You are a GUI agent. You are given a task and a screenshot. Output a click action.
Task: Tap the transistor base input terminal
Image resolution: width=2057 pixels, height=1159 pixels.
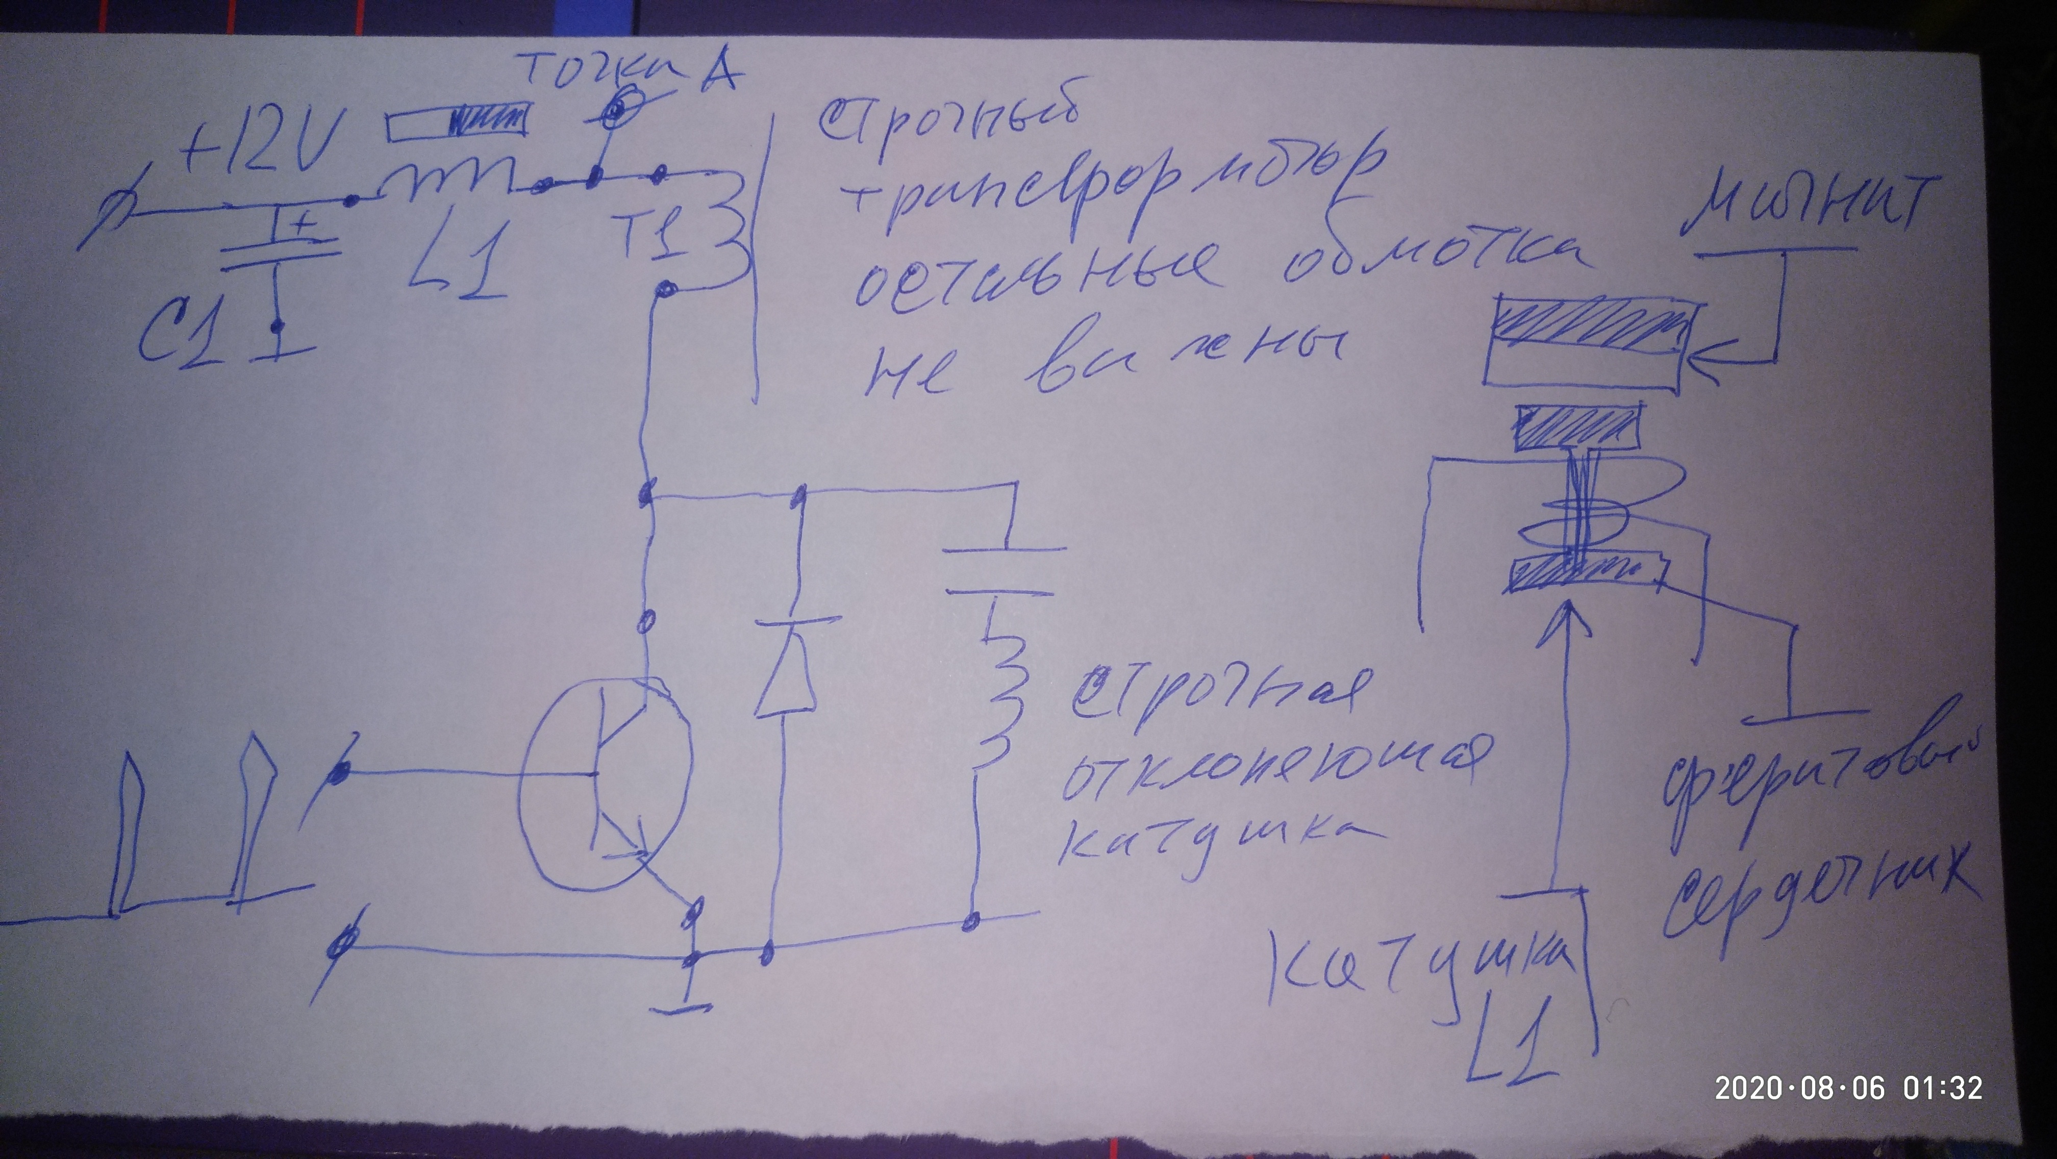(x=342, y=771)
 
